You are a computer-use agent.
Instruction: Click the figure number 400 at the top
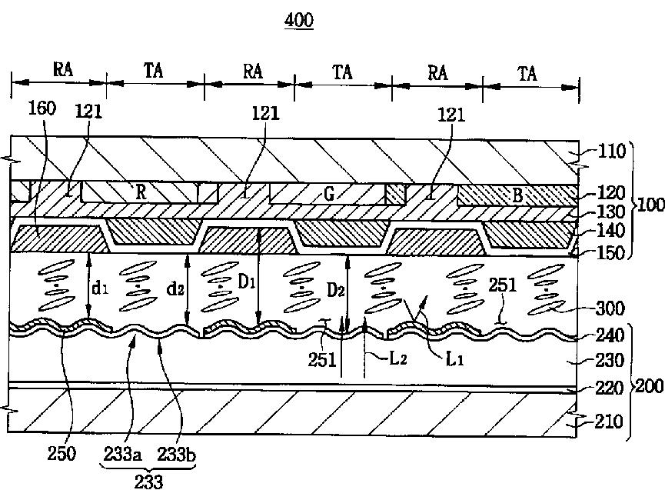[299, 21]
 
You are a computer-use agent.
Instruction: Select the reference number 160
[42, 108]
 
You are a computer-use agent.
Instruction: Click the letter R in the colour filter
[141, 192]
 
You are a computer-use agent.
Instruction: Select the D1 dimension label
[246, 282]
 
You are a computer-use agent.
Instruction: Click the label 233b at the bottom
[177, 454]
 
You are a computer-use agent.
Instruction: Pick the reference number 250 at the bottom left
[62, 454]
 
